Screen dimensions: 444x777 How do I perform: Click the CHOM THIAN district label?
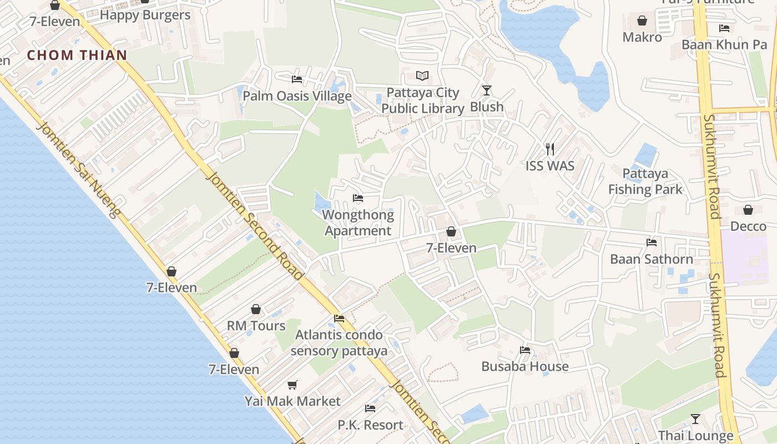click(x=77, y=55)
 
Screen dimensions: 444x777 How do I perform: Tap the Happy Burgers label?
click(x=145, y=15)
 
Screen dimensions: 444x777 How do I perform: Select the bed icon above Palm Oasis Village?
click(x=297, y=79)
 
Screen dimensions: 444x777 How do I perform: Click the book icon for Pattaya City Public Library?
click(x=422, y=75)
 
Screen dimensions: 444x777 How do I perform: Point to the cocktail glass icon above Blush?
click(x=487, y=90)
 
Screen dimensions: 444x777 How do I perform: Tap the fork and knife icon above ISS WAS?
click(x=550, y=149)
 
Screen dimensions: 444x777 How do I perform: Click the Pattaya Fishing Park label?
click(x=645, y=181)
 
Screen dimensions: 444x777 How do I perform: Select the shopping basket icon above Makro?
click(x=642, y=21)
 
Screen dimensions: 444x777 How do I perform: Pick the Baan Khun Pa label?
click(x=724, y=44)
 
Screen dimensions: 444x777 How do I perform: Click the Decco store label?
click(x=748, y=226)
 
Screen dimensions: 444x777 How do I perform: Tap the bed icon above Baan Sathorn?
click(x=652, y=243)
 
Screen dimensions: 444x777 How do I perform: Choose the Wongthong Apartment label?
click(x=358, y=223)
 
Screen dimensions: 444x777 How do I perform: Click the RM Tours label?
click(x=256, y=325)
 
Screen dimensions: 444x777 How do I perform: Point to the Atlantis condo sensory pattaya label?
click(x=339, y=342)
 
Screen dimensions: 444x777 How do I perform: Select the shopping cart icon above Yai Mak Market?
click(x=292, y=385)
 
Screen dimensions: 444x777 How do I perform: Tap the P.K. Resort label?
click(x=370, y=425)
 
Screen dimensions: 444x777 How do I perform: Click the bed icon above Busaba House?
click(x=525, y=350)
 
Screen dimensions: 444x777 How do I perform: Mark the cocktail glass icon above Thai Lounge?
click(x=695, y=419)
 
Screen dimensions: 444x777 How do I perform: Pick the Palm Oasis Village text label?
click(x=297, y=96)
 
